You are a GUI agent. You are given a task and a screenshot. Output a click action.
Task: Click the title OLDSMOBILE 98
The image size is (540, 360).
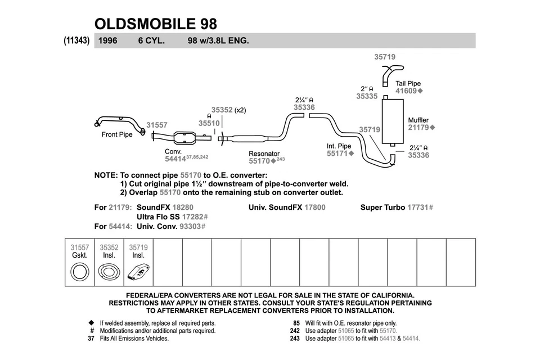pos(155,23)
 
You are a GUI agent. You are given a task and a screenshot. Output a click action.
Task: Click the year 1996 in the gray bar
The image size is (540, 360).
pos(107,40)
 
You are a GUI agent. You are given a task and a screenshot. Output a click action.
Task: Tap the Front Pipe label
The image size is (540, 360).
pos(117,134)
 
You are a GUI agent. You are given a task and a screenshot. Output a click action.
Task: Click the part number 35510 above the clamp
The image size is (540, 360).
pos(209,123)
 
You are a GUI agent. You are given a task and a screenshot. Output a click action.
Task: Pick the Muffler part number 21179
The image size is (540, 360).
pos(418,128)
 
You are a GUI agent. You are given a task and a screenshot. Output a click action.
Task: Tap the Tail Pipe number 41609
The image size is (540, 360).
pos(406,91)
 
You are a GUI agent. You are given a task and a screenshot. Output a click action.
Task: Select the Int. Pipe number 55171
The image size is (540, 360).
pos(337,153)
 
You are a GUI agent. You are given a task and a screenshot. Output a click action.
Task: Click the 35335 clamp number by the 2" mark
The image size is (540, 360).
pos(367,96)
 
